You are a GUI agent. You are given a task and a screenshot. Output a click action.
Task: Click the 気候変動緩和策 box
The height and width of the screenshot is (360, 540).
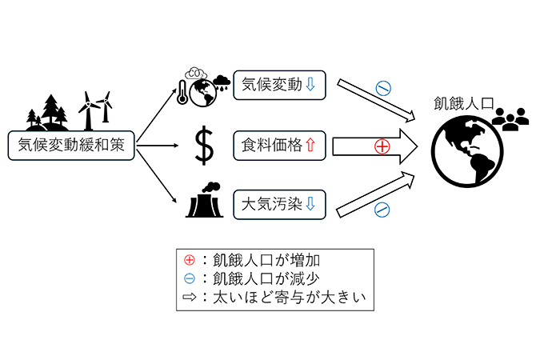click(70, 144)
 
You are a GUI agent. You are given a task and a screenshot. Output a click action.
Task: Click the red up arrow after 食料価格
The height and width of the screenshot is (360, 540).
click(311, 145)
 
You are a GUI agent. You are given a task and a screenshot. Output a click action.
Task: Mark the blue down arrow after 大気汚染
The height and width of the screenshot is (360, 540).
click(311, 205)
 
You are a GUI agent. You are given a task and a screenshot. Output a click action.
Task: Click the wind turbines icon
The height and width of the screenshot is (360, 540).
click(97, 107)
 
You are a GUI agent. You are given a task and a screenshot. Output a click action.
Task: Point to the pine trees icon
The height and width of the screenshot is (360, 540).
click(50, 110)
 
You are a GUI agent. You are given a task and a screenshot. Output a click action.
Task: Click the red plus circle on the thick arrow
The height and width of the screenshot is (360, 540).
click(382, 146)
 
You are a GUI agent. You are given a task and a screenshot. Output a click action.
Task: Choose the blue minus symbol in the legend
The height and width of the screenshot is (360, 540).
click(189, 279)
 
